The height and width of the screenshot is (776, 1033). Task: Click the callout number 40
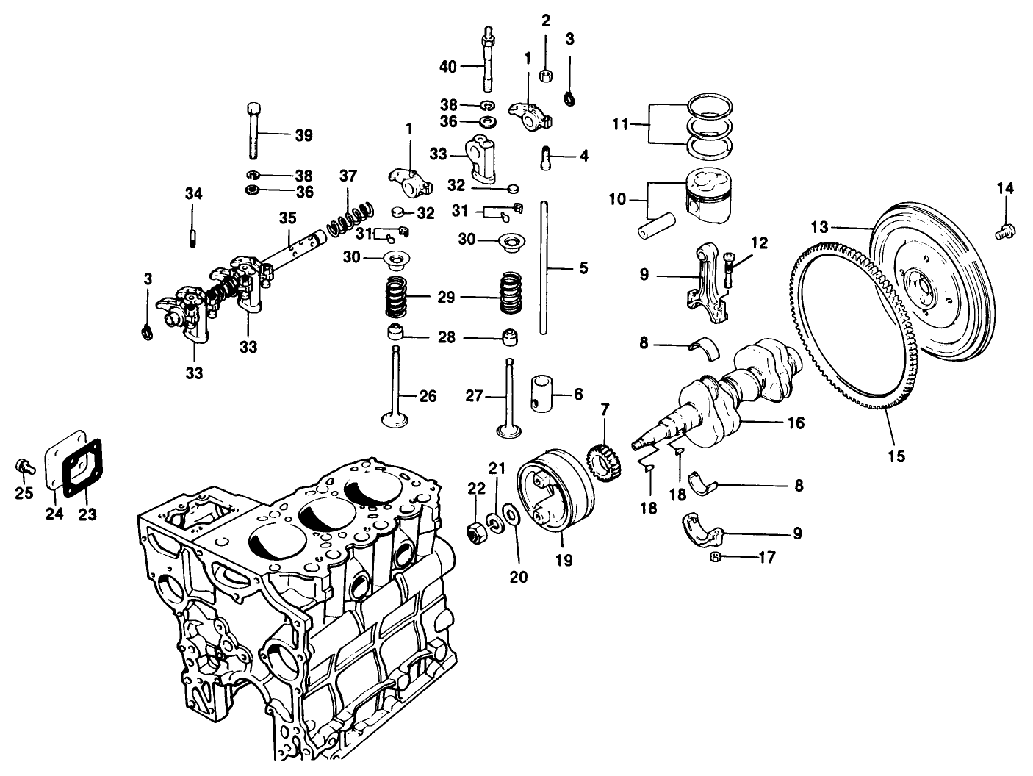click(x=448, y=67)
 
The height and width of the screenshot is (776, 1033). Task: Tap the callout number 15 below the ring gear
click(x=895, y=456)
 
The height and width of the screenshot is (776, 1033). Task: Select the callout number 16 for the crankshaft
click(x=795, y=423)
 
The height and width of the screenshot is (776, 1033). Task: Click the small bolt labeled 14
click(x=1004, y=232)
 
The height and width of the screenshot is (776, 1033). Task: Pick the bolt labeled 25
click(x=22, y=467)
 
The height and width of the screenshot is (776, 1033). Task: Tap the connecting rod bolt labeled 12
click(x=727, y=268)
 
